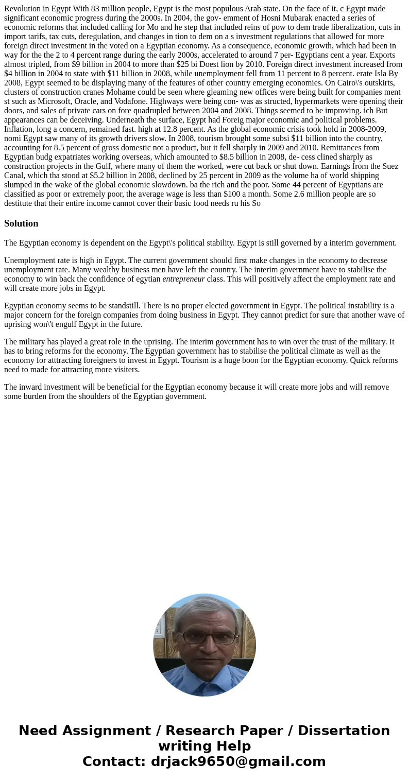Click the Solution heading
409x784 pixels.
point(21,223)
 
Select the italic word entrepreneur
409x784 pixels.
point(183,279)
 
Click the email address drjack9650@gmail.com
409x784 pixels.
point(238,761)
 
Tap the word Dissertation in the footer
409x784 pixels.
point(344,730)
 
